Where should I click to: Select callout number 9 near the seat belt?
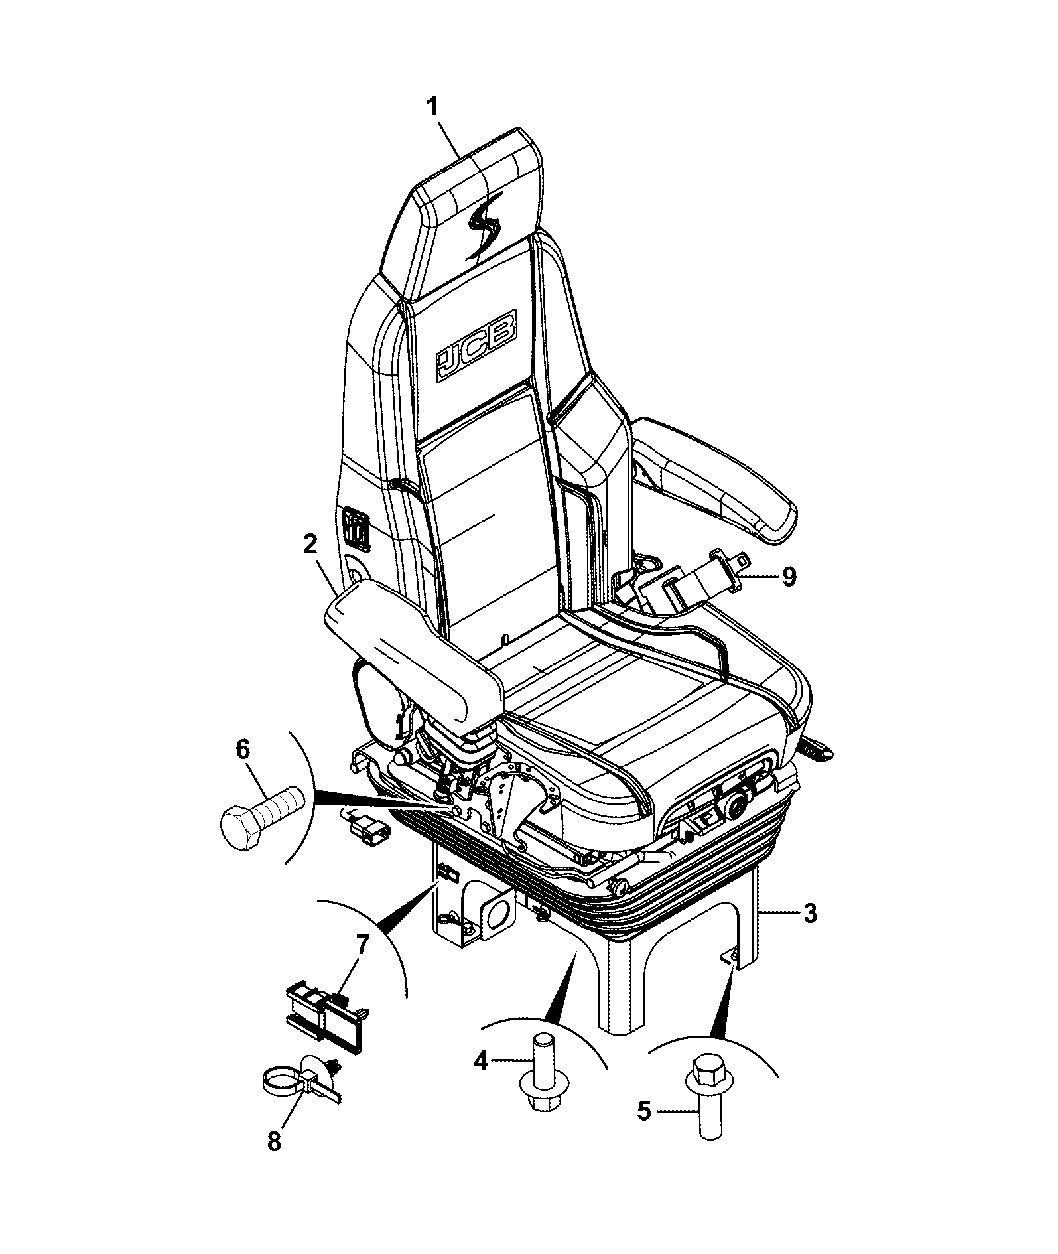(788, 577)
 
